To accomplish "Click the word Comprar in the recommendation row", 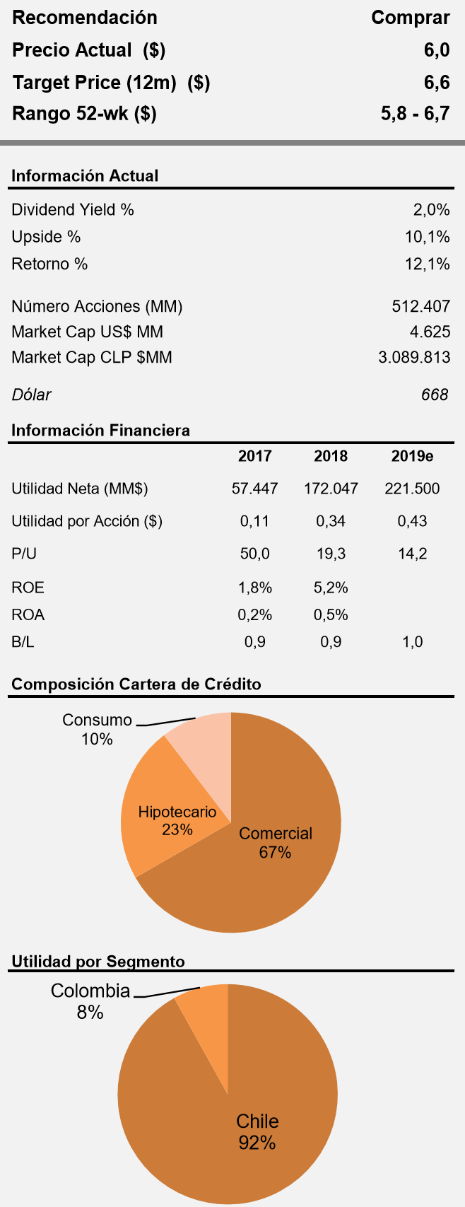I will (410, 18).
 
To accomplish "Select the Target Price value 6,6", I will (437, 83).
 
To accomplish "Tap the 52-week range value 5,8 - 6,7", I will (415, 114).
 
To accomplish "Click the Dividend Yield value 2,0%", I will (431, 210).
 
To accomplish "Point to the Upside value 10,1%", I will (427, 237).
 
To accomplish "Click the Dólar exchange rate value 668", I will (435, 395).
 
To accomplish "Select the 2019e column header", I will (412, 456).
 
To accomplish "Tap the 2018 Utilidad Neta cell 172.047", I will (331, 489).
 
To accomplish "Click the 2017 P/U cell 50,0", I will (254, 554).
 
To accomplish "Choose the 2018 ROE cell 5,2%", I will (331, 588).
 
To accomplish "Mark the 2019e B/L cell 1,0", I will (412, 642).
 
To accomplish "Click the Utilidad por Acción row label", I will (87, 522).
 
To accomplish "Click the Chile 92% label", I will (257, 1131).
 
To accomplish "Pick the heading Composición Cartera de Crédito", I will (136, 684).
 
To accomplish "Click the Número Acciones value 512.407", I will (420, 307).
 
